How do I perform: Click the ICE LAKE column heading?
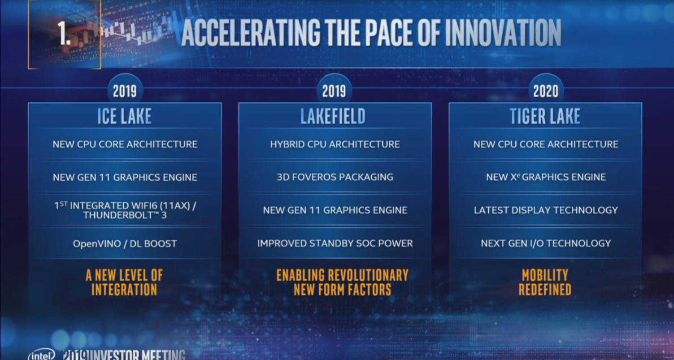tap(124, 116)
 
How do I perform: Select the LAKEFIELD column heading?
tap(333, 116)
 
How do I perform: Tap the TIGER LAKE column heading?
tap(545, 116)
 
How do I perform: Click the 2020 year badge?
tap(546, 91)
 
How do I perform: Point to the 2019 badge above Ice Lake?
tap(125, 91)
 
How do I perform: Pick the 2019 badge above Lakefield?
tap(334, 91)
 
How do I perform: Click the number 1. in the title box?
tap(64, 34)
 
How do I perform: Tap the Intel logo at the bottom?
tap(42, 355)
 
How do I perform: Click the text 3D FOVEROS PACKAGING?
tap(335, 177)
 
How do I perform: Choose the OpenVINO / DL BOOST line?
tap(125, 243)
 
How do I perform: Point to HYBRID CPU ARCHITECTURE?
tap(335, 144)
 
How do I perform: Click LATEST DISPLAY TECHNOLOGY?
tap(546, 210)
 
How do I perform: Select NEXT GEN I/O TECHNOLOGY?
tap(546, 243)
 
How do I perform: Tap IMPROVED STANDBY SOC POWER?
tap(335, 243)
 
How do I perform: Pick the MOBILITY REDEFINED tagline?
tap(545, 282)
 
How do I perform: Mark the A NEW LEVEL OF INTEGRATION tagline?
tap(124, 282)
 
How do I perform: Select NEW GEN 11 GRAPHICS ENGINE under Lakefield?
tap(335, 210)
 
